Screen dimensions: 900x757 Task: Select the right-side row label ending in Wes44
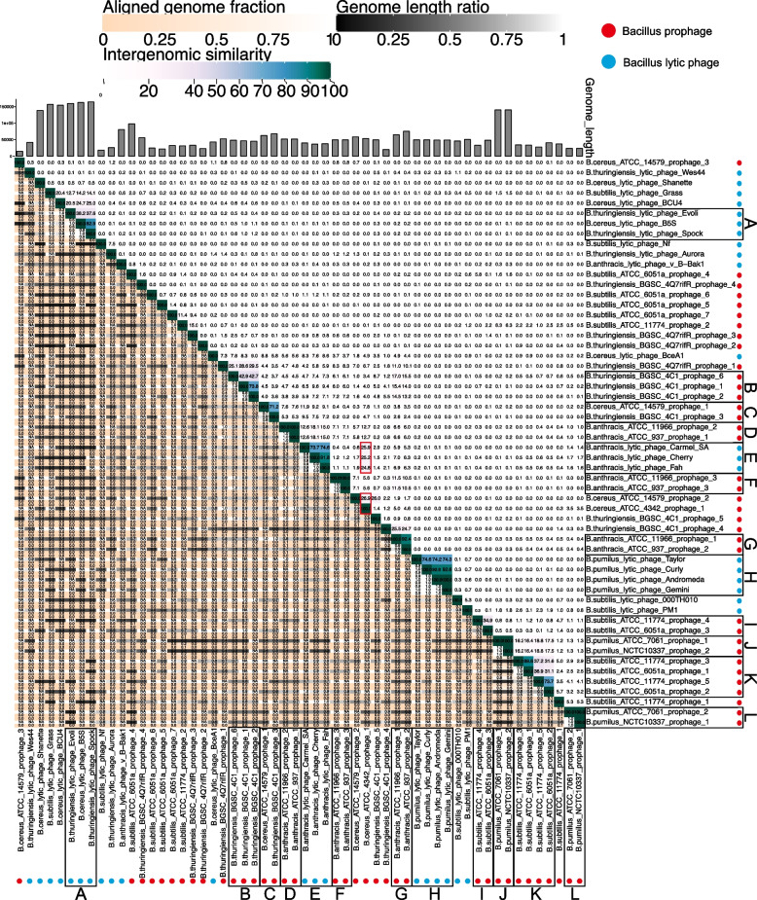click(651, 171)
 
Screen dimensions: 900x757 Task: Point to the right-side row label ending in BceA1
click(642, 353)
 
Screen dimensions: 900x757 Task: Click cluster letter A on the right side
click(748, 222)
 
